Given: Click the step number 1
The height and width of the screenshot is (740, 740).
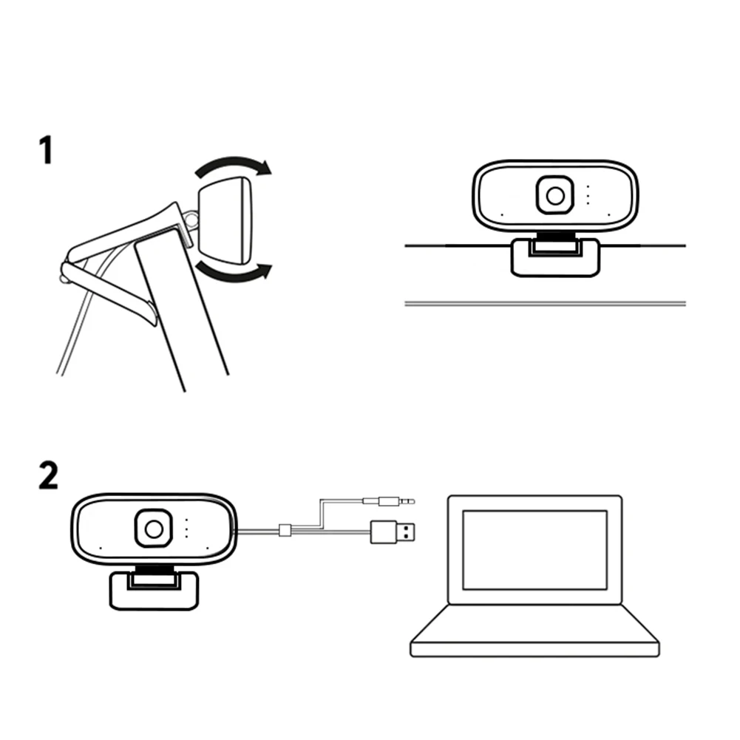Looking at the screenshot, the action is [x=45, y=151].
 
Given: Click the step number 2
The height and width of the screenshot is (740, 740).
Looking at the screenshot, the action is [x=47, y=477].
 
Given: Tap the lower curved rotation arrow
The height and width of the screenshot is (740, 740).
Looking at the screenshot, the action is [x=234, y=275].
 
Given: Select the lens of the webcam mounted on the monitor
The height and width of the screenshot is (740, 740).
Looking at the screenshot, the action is [x=555, y=194].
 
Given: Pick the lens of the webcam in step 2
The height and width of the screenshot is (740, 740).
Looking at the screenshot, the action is [x=154, y=529].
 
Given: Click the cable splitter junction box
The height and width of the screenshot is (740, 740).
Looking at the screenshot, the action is [x=285, y=531].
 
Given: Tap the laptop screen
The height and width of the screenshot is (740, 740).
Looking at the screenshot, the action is [x=534, y=549].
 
